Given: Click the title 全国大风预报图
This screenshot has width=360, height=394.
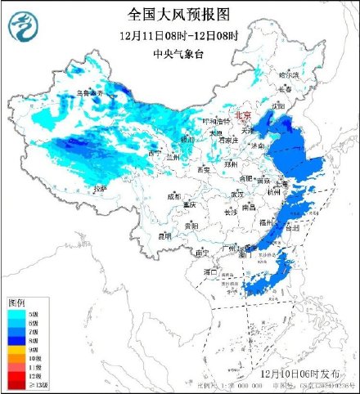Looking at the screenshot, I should pos(179,14).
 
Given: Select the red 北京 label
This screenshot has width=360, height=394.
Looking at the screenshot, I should pos(245,116).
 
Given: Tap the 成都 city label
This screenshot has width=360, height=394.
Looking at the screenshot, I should pos(174,196).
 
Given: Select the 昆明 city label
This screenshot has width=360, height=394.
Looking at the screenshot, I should pos(165,236).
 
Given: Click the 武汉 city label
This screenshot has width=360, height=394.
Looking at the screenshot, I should pos(236,195).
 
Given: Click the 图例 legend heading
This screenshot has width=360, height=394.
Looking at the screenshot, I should pos(17,303).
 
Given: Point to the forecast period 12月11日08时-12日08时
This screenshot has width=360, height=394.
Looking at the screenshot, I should pos(178,36).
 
